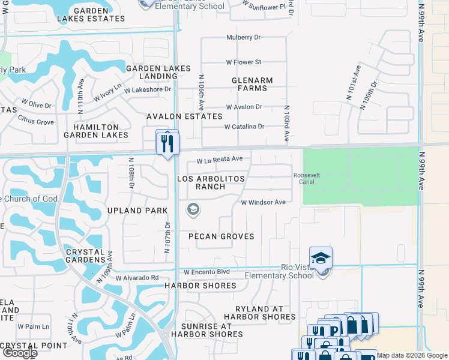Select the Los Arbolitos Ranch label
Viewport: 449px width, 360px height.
[201, 183]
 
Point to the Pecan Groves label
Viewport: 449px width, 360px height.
[221, 236]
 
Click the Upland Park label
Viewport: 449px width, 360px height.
[137, 211]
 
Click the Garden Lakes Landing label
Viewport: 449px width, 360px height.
[158, 73]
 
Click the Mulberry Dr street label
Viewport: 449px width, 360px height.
[244, 37]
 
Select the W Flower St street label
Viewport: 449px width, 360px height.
[244, 62]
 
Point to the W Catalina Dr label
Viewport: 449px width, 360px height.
[244, 127]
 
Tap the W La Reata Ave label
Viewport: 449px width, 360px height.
[220, 160]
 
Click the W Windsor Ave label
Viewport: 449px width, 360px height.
[263, 202]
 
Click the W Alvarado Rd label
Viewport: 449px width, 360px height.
[137, 278]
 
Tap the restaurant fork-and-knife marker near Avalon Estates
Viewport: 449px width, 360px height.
[167, 143]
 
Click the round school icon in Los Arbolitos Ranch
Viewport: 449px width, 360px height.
[193, 209]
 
